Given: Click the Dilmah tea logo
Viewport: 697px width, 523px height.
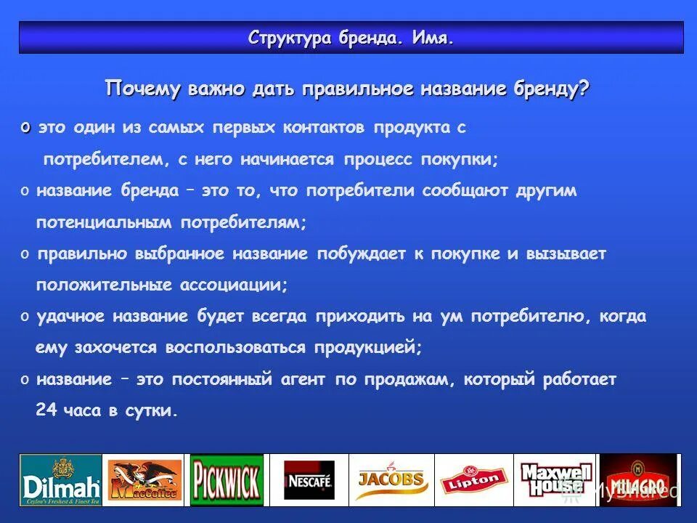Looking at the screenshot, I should click(60, 480).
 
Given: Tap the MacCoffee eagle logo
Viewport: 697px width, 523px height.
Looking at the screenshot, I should click(144, 480).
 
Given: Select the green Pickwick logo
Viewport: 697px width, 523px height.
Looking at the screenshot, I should click(227, 480).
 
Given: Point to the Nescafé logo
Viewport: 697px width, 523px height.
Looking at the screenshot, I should click(309, 480).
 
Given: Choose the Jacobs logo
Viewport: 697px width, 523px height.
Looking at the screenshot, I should click(391, 479).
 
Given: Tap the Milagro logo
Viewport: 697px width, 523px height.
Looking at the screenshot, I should click(637, 480).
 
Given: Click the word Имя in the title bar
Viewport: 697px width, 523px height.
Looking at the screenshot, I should click(433, 38).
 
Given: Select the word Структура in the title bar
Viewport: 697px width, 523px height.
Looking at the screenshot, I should click(290, 38).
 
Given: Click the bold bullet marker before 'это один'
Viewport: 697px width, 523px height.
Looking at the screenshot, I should click(25, 128).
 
